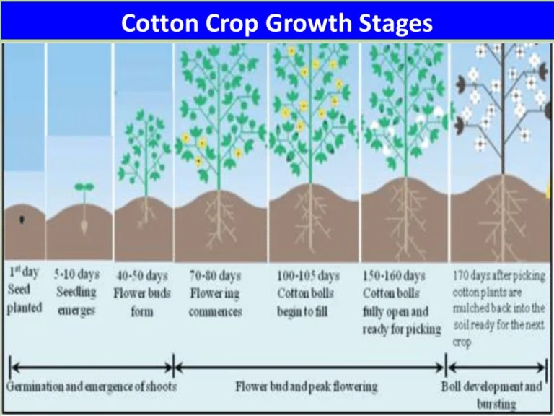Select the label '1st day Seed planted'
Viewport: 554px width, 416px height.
(25, 290)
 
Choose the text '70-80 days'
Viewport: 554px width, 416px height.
(216, 276)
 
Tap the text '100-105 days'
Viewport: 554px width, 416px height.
(307, 276)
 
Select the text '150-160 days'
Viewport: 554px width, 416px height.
(394, 276)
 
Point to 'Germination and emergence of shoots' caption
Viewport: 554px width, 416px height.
(92, 386)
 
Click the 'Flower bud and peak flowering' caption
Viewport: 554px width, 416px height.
(307, 387)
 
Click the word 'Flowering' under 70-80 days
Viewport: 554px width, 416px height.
(216, 294)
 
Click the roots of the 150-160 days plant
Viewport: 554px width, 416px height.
(406, 220)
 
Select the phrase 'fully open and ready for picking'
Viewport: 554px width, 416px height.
(401, 321)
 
